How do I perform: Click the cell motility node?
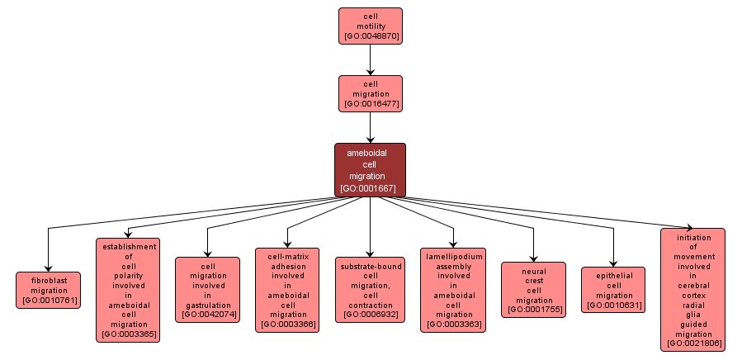(370, 26)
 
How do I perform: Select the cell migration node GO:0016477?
(370, 93)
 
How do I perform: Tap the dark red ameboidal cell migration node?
(370, 170)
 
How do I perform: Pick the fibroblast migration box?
(49, 290)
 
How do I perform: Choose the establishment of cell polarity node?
(128, 290)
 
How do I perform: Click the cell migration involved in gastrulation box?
(207, 290)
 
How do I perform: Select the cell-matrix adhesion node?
(288, 290)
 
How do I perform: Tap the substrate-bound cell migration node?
(371, 290)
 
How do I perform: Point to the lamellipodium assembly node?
(453, 290)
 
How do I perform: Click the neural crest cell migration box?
(534, 290)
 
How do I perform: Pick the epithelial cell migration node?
(614, 290)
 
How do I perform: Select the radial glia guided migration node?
(692, 290)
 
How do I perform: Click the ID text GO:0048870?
(370, 37)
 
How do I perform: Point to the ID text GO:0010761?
(49, 301)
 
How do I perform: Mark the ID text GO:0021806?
(692, 343)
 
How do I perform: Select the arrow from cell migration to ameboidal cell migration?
(370, 127)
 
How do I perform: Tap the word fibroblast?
(49, 280)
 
